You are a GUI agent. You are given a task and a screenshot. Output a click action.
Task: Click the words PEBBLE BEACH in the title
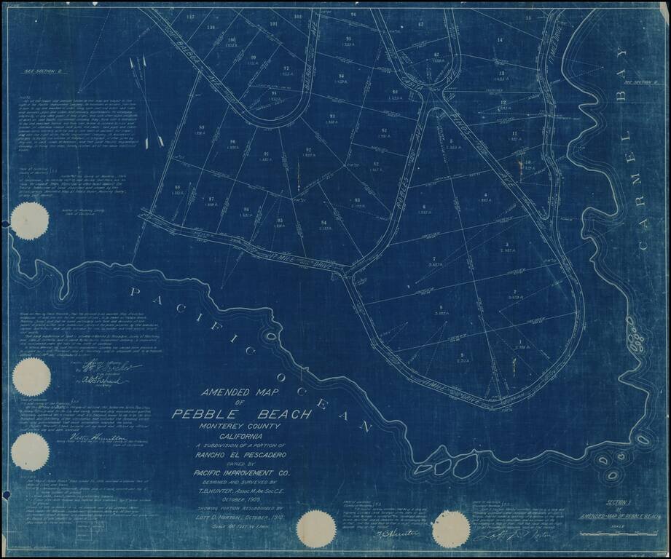[x=241, y=414]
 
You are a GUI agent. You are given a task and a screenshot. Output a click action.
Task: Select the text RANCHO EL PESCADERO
[x=241, y=456]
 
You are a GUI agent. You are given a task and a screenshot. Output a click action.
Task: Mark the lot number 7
[x=434, y=259]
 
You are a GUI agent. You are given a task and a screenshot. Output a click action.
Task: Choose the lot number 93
[x=332, y=116]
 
